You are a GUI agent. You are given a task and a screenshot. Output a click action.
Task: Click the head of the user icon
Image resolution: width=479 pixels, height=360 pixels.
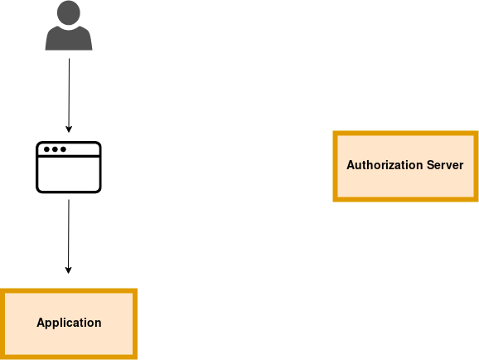coord(69,12)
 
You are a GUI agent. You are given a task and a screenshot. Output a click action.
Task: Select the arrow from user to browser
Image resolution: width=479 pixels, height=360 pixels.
coord(69,95)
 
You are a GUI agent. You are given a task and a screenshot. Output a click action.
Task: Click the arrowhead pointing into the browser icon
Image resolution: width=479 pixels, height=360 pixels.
coord(69,129)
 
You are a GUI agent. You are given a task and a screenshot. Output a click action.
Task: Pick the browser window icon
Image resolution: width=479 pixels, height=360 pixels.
coord(69,168)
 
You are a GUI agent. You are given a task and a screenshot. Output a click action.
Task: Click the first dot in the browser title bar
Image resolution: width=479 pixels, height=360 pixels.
coord(46,149)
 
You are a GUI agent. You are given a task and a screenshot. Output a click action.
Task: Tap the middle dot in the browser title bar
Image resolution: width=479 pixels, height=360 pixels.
coord(55,149)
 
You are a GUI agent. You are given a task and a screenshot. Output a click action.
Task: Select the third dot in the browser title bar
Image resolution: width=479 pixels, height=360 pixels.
coord(63,149)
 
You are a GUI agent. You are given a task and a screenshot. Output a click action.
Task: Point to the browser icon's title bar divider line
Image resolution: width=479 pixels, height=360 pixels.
coord(69,156)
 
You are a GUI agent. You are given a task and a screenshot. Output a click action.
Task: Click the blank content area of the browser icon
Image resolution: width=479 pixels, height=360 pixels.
coord(69,174)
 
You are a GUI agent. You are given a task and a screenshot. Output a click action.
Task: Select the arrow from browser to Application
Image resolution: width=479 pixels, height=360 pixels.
coord(69,236)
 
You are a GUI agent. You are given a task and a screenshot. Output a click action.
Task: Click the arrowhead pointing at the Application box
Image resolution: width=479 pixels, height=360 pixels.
coord(69,270)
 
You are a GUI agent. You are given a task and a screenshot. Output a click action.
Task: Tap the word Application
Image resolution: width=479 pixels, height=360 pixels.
coord(69,323)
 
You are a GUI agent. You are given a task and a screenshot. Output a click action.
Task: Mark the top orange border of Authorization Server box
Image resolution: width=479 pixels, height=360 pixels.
coord(405,134)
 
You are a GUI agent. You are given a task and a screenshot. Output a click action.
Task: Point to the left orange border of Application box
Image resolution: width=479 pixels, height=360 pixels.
coord(2,324)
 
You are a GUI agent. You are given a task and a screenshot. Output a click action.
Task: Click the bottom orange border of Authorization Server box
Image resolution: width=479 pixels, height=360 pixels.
coord(405,199)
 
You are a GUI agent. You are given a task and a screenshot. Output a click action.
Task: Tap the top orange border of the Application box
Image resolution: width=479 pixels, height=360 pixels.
coord(69,291)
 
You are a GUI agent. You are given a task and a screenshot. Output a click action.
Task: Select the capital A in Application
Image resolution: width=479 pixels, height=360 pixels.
coord(41,323)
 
